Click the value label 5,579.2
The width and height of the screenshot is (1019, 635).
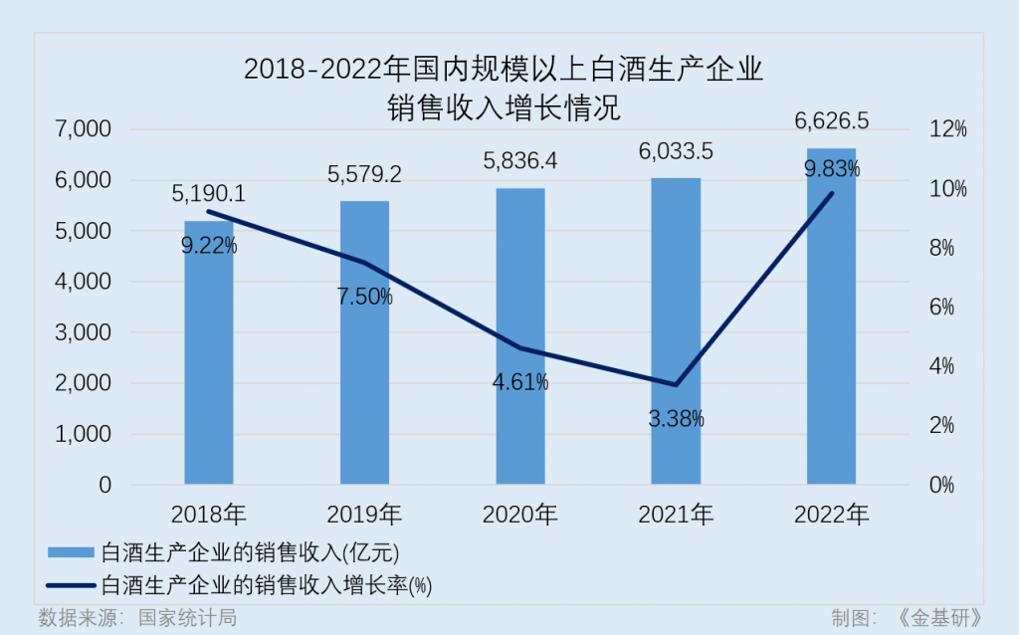365,175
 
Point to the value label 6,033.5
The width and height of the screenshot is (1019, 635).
676,152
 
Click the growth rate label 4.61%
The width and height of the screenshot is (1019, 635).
520,382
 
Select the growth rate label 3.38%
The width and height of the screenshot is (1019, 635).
676,419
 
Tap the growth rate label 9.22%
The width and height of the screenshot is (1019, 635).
209,246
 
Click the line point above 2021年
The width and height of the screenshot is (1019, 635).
676,384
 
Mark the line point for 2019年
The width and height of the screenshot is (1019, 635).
365,263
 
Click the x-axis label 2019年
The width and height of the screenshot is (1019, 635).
365,515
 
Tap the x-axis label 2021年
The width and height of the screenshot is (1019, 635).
676,515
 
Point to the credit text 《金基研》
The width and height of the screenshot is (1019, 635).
939,618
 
